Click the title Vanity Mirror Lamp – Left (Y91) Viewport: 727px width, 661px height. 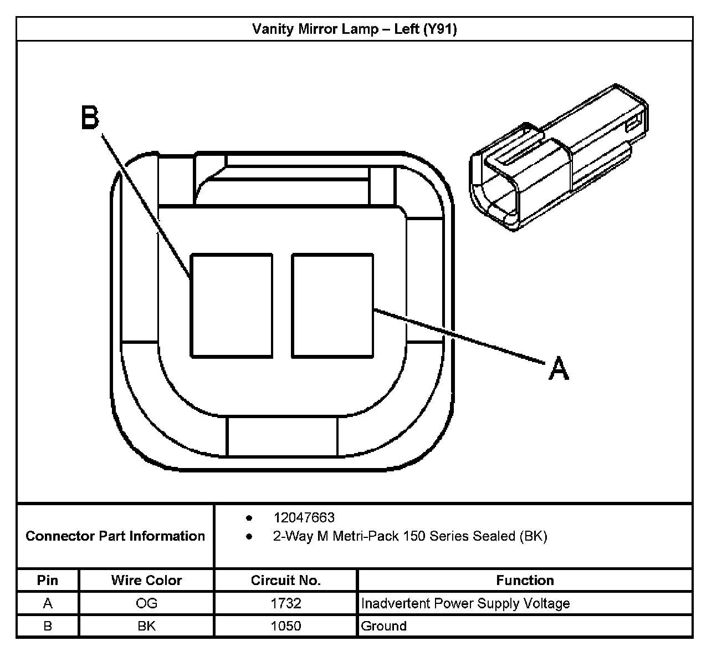click(355, 29)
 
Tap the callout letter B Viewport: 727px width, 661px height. click(90, 118)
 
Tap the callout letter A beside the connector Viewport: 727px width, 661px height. click(559, 369)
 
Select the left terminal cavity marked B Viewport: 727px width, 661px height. click(232, 305)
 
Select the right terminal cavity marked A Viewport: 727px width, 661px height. click(332, 305)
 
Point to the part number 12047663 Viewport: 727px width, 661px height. click(304, 517)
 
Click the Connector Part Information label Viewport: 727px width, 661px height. click(115, 536)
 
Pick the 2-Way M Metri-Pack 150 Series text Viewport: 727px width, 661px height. click(410, 536)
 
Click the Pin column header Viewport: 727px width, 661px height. click(48, 580)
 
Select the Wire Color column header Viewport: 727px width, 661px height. click(146, 580)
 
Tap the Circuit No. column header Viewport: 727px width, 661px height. click(285, 580)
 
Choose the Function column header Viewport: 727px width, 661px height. click(525, 580)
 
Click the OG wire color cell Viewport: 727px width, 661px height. click(146, 603)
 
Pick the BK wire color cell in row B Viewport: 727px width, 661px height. click(146, 626)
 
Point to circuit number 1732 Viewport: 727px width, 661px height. click(285, 603)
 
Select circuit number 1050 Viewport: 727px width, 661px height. click(285, 626)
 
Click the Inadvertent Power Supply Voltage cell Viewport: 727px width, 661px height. click(465, 603)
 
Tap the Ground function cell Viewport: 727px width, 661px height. click(383, 626)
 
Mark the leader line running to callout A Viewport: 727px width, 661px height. click(457, 336)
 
